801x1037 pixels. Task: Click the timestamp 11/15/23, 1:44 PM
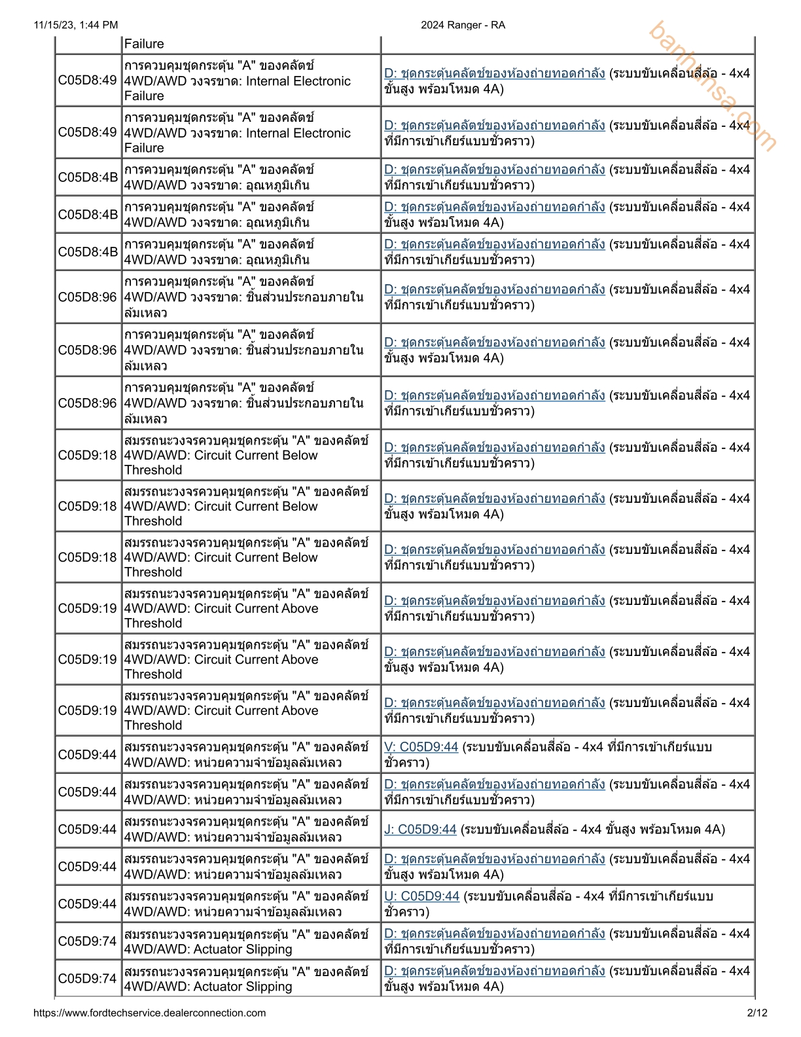[x=75, y=25]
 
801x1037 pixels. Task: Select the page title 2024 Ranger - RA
[x=463, y=25]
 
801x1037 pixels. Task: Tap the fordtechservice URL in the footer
[x=149, y=1013]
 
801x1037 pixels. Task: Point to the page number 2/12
[x=756, y=1013]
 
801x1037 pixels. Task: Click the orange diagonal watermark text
[x=713, y=86]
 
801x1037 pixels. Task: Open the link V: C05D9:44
[x=421, y=747]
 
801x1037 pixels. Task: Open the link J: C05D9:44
[x=420, y=829]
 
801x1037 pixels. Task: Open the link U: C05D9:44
[x=421, y=896]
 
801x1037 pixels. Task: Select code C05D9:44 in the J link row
[x=88, y=829]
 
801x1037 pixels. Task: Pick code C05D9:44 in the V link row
[x=88, y=755]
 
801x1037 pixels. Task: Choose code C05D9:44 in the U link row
[x=88, y=904]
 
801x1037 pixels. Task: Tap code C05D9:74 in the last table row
[x=88, y=979]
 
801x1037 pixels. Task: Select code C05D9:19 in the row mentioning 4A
[x=88, y=659]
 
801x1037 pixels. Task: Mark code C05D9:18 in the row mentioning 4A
[x=88, y=506]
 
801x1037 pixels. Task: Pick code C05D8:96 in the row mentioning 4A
[x=88, y=350]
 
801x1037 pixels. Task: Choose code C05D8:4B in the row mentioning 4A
[x=88, y=215]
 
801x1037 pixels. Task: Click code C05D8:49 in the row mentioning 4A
[x=88, y=81]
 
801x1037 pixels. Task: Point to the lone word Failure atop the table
[x=144, y=44]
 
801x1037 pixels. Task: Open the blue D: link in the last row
[x=494, y=971]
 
